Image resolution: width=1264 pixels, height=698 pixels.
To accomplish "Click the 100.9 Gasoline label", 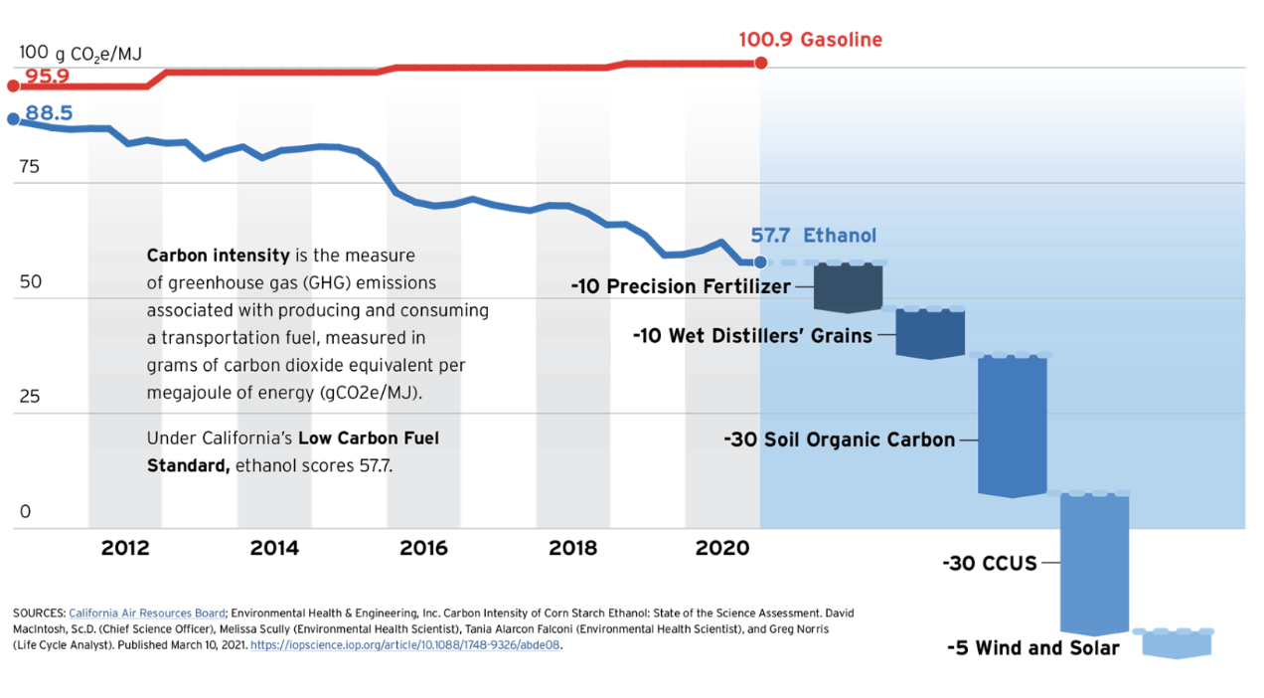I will coord(810,41).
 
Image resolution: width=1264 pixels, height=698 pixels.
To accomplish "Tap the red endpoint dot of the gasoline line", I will coord(761,63).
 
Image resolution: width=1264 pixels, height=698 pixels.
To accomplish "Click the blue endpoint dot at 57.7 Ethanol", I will coord(761,262).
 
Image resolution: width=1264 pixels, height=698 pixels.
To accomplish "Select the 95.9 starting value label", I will coord(47,77).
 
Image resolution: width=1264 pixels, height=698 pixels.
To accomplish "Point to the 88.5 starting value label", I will coord(49,113).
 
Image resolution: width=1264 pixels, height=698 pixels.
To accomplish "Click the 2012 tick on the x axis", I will coord(125,548).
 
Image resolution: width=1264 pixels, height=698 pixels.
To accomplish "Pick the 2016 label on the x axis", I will coord(423,548).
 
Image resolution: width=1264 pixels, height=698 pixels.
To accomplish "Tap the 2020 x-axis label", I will coord(721,548).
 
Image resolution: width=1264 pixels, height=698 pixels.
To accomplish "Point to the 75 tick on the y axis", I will coord(29,166).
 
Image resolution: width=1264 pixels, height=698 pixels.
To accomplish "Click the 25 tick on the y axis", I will coord(29,397).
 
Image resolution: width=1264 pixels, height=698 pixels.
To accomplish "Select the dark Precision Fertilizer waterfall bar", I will coord(848,287).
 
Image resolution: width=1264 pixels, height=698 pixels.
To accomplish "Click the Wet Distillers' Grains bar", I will coord(930,333).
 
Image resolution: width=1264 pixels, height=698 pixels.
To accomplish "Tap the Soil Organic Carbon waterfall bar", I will coord(1013,425).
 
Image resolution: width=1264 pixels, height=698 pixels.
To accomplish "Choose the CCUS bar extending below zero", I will coord(1094,563).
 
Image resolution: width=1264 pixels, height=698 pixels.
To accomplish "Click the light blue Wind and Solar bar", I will coord(1177,643).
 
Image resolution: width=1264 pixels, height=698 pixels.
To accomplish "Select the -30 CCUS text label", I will coord(989,564).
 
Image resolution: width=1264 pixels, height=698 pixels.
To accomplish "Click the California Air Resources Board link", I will coord(147,613).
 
